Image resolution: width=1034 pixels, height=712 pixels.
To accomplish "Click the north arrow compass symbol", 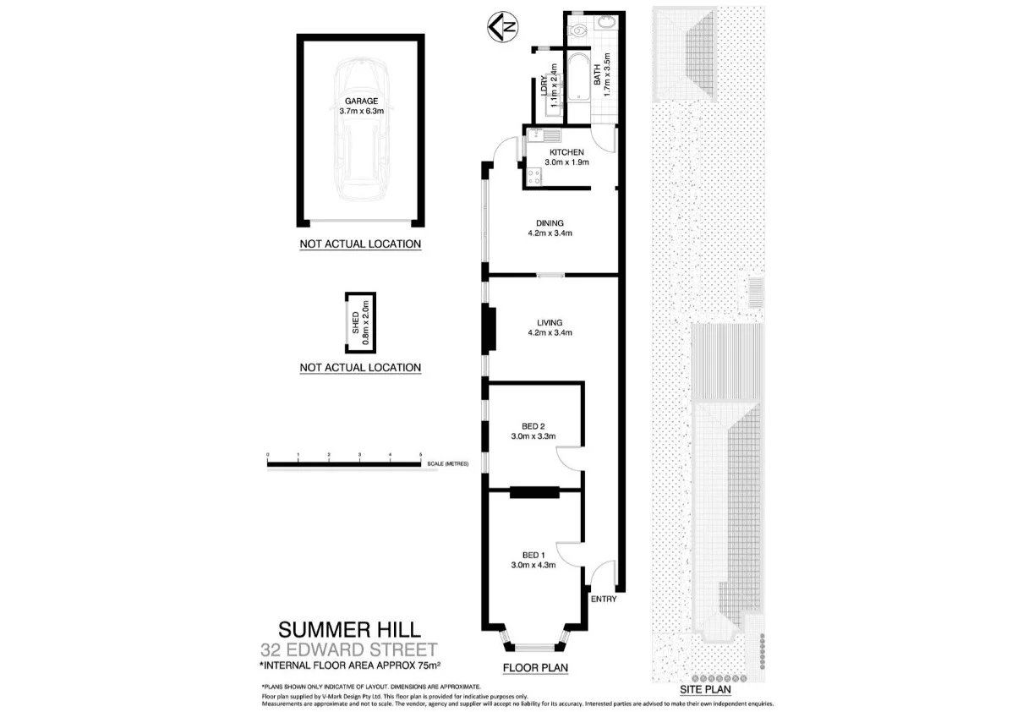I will (501, 29).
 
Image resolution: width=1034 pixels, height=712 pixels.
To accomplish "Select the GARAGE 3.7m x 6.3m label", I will (360, 106).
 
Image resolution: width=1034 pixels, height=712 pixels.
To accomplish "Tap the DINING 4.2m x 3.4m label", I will (555, 228).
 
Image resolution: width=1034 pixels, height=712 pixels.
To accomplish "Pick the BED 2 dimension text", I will (533, 437).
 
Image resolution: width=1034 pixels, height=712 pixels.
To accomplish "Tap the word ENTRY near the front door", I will (605, 600).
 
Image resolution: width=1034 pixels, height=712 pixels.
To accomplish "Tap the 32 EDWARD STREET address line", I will (348, 649).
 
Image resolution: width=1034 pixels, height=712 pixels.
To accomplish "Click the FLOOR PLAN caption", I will (534, 667).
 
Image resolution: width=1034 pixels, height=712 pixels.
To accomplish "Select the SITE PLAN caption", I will (705, 689).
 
